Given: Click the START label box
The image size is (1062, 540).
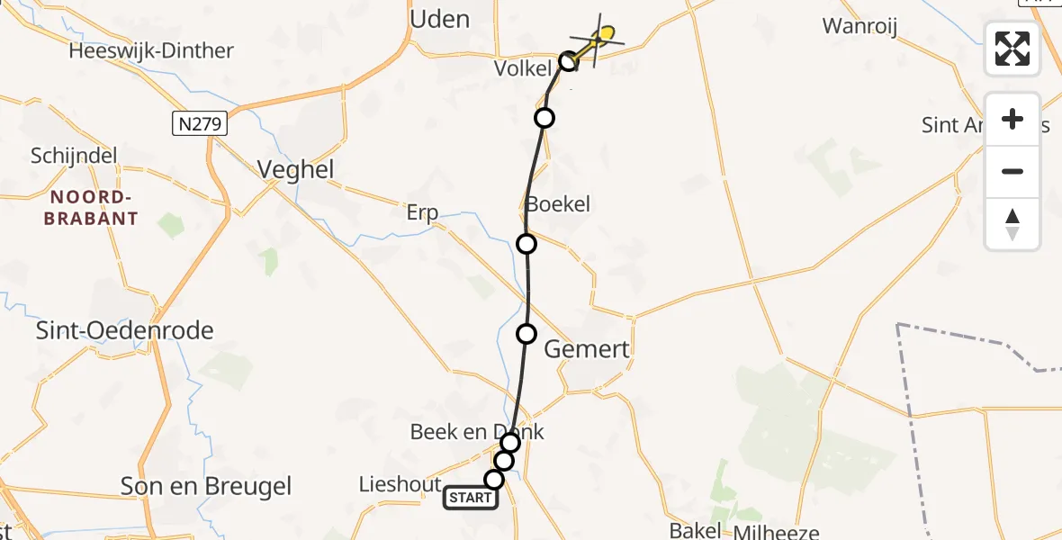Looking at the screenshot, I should [471, 498].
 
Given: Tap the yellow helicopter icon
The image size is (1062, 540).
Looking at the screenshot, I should [603, 37].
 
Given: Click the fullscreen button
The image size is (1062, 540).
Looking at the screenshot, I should [1012, 49].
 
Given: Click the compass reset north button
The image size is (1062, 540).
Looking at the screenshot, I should [1012, 224].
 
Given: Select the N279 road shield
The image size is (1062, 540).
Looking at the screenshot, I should [199, 123].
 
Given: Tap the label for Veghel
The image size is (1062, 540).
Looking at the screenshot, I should [295, 169].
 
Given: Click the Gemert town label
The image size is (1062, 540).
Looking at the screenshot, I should [587, 349].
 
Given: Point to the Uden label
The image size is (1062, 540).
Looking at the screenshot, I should [439, 18].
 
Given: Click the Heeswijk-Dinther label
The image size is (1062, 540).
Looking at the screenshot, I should [151, 50].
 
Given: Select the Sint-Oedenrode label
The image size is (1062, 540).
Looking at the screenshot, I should [124, 330].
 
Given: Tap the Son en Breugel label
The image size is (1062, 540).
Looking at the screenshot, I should [206, 487].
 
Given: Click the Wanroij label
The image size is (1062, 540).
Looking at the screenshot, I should [860, 26].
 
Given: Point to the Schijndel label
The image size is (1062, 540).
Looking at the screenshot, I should [74, 156].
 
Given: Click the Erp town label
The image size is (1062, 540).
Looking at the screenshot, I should [422, 212].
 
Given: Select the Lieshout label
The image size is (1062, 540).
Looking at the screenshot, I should [400, 484].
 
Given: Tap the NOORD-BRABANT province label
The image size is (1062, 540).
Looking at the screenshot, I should [94, 208].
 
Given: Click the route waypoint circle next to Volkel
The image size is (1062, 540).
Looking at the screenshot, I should [568, 61].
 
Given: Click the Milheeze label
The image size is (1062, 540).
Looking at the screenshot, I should [775, 532].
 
